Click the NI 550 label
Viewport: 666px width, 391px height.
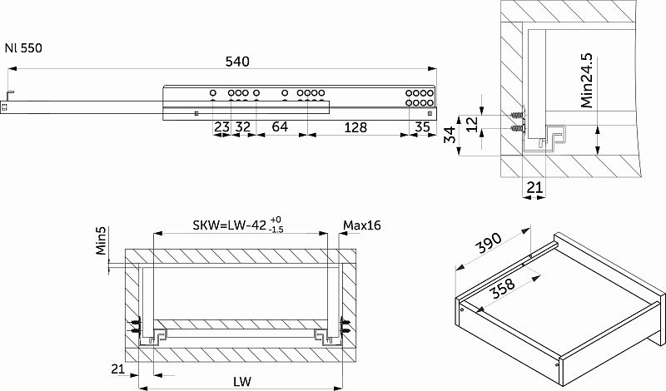[23, 48]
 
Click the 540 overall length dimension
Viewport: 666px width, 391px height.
[237, 62]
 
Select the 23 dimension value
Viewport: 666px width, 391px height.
[221, 126]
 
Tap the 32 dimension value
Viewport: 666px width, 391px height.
[242, 126]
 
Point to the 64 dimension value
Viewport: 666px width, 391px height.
[280, 126]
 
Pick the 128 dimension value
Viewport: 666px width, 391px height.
[355, 127]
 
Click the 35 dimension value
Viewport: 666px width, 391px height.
[422, 127]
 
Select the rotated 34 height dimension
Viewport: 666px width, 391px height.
[450, 135]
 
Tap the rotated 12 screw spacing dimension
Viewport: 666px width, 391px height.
[471, 124]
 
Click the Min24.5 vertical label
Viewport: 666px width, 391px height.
[587, 81]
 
